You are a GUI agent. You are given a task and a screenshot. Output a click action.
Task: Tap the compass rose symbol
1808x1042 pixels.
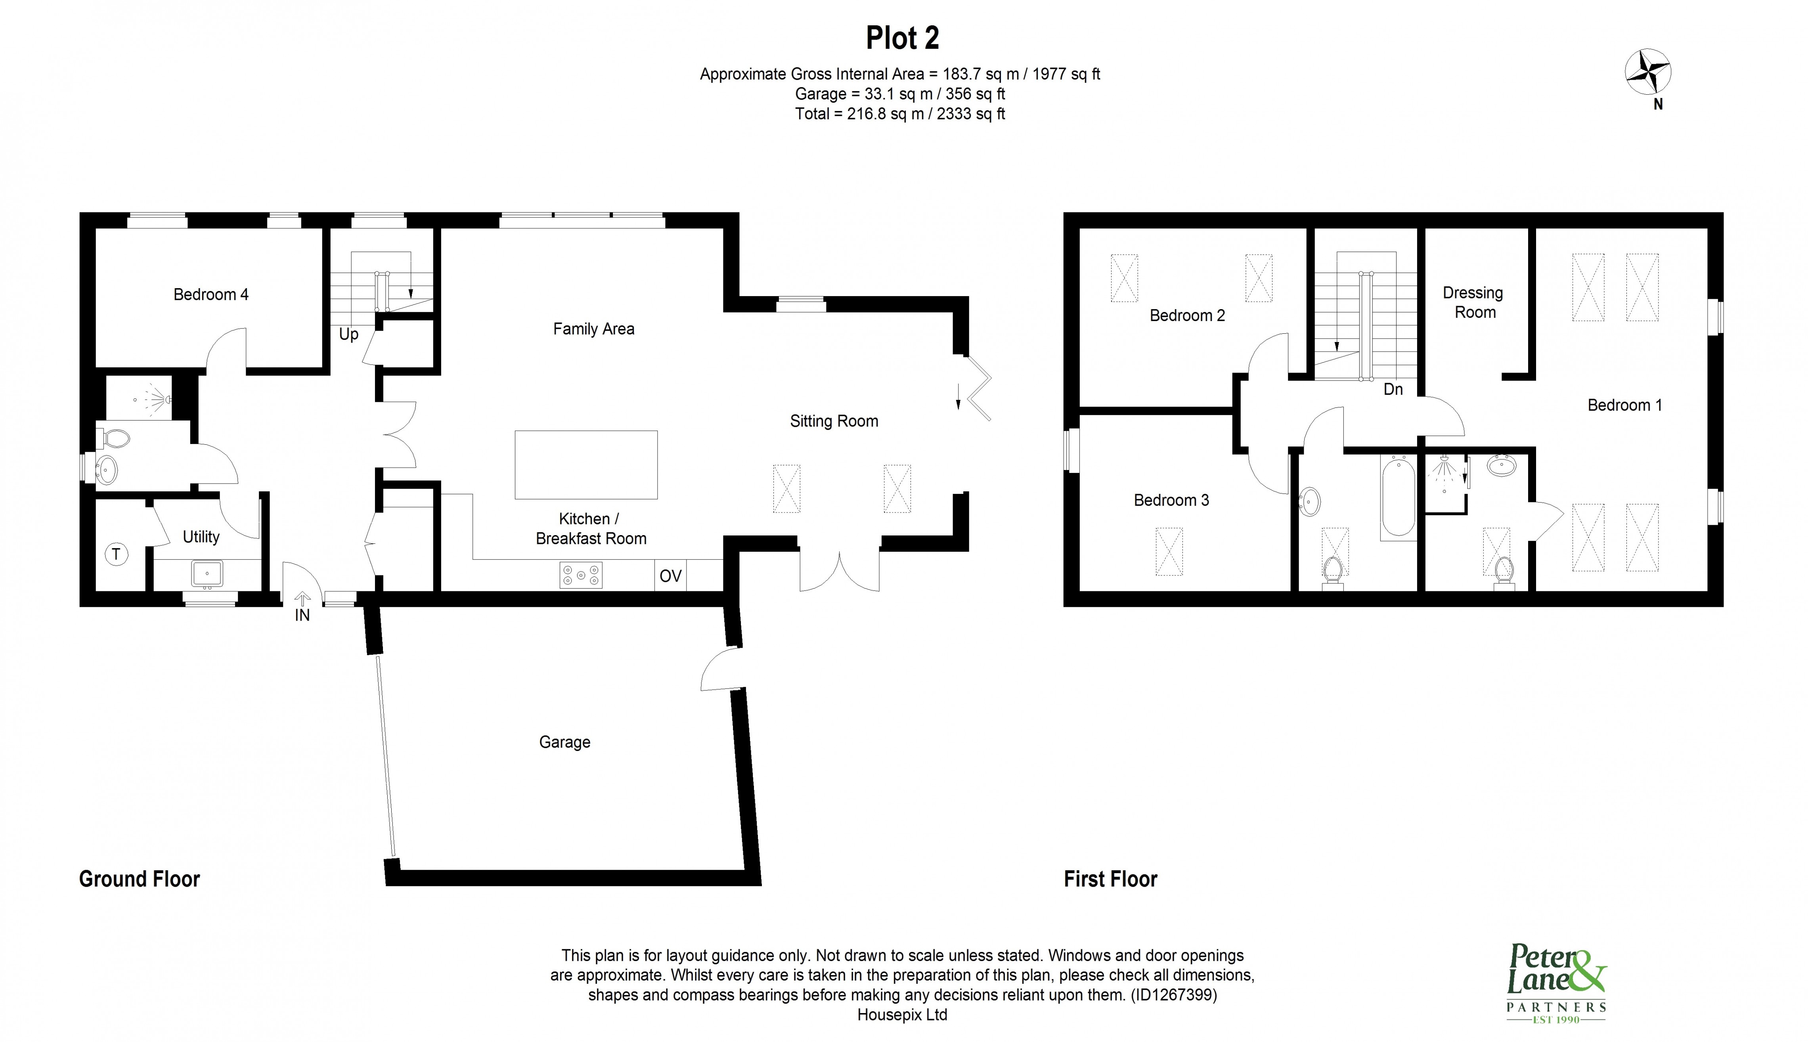pyautogui.click(x=1648, y=72)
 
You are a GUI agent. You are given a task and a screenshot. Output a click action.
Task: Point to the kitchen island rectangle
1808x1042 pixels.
pyautogui.click(x=585, y=465)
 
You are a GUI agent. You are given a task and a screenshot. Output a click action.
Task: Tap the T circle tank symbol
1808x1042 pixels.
pyautogui.click(x=116, y=554)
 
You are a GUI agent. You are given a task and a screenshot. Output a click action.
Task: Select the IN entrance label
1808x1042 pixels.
pyautogui.click(x=302, y=615)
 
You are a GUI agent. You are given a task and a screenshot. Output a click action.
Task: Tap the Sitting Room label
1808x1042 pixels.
pyautogui.click(x=834, y=421)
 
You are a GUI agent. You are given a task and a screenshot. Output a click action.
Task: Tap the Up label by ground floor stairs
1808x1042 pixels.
pyautogui.click(x=348, y=334)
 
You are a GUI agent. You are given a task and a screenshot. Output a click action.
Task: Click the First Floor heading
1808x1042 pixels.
pyautogui.click(x=1110, y=879)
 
